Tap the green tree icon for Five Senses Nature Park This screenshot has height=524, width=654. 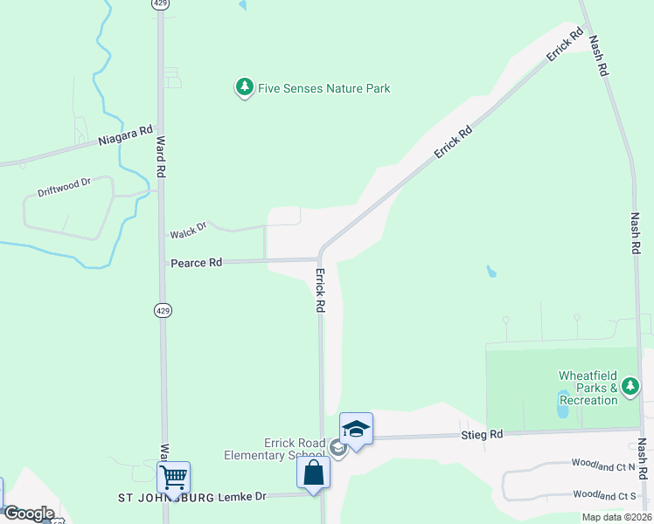pyautogui.click(x=244, y=87)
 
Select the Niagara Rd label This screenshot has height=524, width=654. pyautogui.click(x=125, y=138)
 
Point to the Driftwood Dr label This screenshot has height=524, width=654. pyautogui.click(x=65, y=187)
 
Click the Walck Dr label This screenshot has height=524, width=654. pyautogui.click(x=188, y=231)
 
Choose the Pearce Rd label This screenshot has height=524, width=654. pyautogui.click(x=197, y=262)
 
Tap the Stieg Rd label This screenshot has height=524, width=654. pyautogui.click(x=483, y=434)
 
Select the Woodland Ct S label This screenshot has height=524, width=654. pyautogui.click(x=602, y=495)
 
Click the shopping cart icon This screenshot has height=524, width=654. pyautogui.click(x=174, y=477)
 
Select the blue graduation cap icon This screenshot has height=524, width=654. pyautogui.click(x=356, y=428)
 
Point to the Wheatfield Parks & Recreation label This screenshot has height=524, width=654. pyautogui.click(x=588, y=388)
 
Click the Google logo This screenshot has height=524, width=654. pyautogui.click(x=28, y=514)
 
